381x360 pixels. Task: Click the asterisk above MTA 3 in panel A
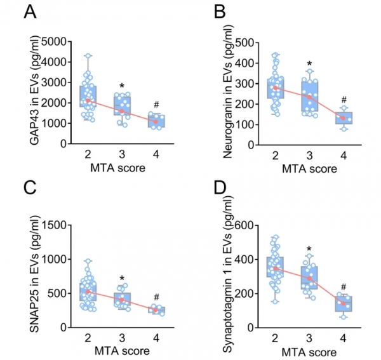click(122, 85)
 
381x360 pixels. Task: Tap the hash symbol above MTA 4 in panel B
click(344, 100)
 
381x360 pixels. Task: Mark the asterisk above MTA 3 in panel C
click(122, 277)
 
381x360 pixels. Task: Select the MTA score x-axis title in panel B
click(309, 170)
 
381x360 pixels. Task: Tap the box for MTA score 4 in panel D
click(344, 303)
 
